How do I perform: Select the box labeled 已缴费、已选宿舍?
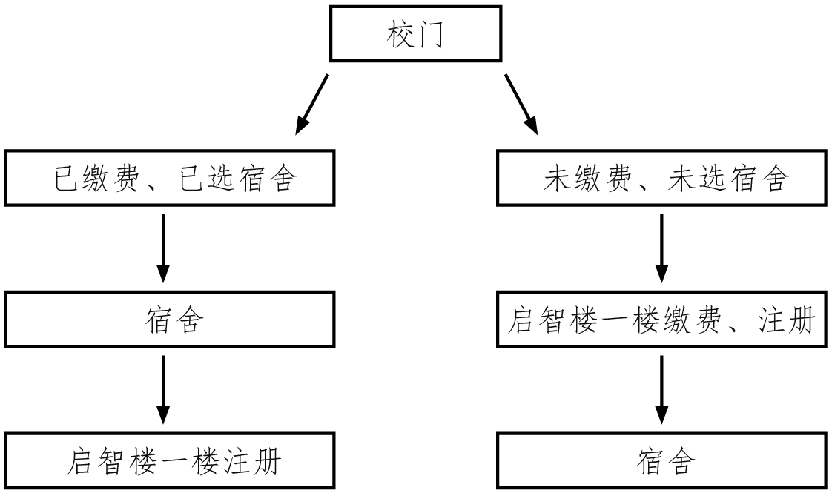click(x=165, y=179)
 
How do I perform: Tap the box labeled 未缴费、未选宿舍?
click(x=663, y=179)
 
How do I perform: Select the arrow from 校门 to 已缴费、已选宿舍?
click(x=311, y=104)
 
